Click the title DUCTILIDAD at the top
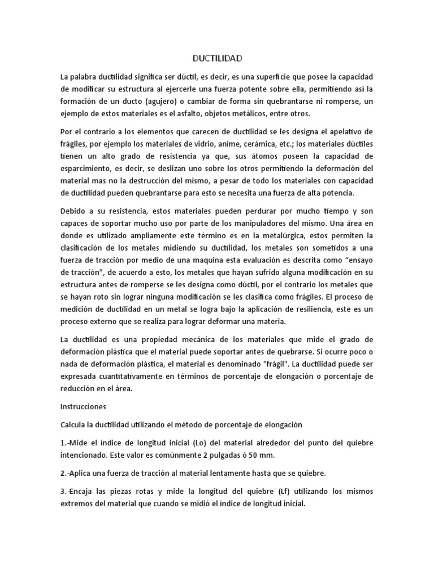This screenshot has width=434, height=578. (217, 58)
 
